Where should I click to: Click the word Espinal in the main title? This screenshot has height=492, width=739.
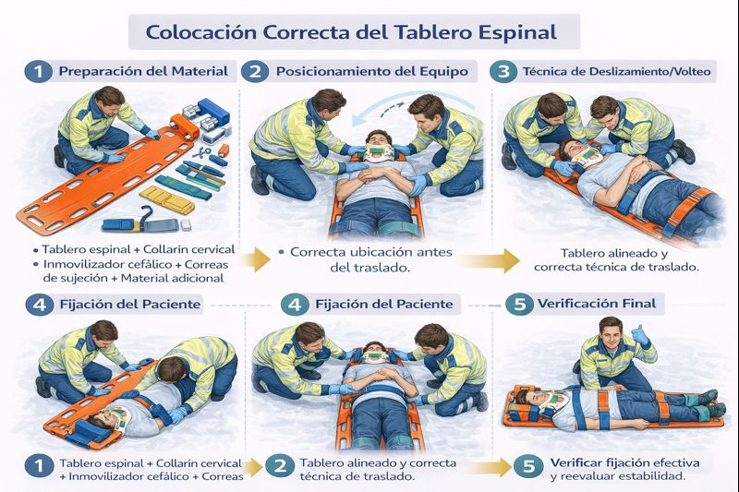coord(517,33)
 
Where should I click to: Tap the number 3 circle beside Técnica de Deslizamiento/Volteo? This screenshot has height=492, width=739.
coord(503,72)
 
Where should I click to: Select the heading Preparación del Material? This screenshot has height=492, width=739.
coord(143,71)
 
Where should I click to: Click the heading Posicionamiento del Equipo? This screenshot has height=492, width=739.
coord(372,72)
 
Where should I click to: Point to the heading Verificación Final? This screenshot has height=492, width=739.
coord(597,303)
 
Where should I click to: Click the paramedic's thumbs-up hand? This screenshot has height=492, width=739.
coord(639,335)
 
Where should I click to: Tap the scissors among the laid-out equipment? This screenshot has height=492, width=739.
coord(201,153)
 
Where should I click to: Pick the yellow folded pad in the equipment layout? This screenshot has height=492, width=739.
coord(167,199)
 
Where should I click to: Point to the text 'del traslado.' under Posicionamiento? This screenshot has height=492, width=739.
coord(369,268)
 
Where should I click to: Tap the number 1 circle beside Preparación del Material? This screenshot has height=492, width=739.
coord(38,72)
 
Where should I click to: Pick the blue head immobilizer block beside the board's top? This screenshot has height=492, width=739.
coord(213,113)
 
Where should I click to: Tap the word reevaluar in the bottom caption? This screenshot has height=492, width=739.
coord(587,476)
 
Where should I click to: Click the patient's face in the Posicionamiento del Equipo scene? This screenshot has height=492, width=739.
coord(379,140)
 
